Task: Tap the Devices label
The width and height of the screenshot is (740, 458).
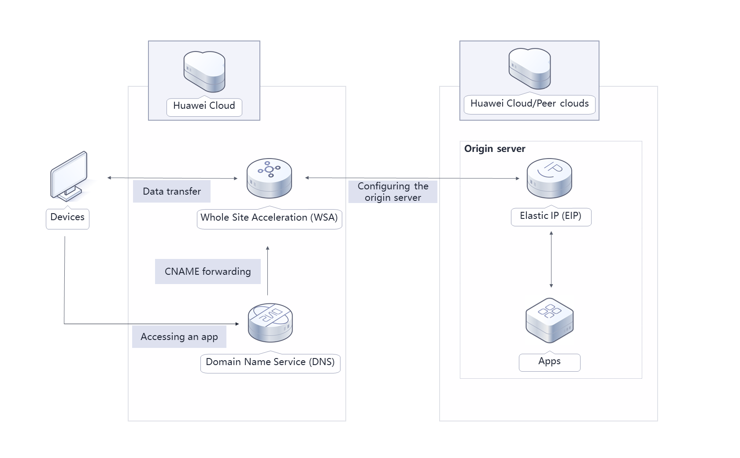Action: (67, 217)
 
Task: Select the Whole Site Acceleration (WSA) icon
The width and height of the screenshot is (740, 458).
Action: (269, 178)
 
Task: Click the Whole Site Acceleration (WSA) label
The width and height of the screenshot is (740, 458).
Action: (269, 218)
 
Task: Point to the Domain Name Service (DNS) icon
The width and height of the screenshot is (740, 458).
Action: (270, 323)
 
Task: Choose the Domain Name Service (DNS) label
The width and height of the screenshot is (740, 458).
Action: (270, 362)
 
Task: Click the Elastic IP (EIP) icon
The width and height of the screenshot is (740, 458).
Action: (549, 178)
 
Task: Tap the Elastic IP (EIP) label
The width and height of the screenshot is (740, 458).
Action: (551, 216)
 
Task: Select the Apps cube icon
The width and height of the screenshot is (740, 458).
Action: (549, 320)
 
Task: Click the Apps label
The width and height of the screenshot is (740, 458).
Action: (549, 361)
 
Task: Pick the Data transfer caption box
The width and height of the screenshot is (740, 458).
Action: (172, 192)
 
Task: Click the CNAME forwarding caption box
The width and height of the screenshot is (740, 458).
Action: (208, 271)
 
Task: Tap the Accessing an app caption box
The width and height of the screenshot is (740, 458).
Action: (179, 337)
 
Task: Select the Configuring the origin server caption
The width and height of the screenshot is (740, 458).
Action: (393, 192)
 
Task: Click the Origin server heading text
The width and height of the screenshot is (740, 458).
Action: (495, 149)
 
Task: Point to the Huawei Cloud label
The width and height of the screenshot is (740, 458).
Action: (204, 106)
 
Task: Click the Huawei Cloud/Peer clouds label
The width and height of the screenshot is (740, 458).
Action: (529, 103)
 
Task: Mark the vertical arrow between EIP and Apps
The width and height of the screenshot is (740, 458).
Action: (551, 260)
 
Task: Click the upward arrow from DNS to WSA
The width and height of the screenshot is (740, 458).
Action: (267, 271)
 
